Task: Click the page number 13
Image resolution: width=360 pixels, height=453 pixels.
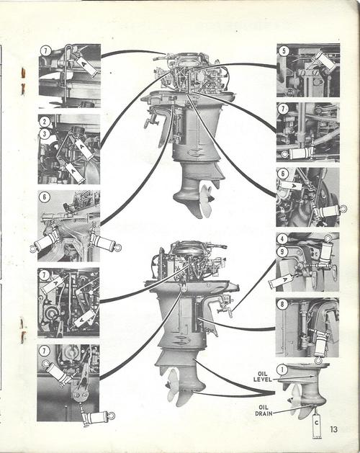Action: click(x=334, y=429)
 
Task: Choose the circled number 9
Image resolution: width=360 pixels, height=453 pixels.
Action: click(x=284, y=252)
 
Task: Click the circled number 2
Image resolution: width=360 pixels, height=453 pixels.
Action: click(x=45, y=122)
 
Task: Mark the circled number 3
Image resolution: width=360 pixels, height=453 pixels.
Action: click(x=45, y=134)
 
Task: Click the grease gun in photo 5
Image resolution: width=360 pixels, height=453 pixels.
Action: click(x=324, y=61)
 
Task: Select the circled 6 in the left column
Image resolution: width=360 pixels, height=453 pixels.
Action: click(x=45, y=197)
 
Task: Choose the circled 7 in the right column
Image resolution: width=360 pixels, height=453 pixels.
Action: click(x=284, y=109)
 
